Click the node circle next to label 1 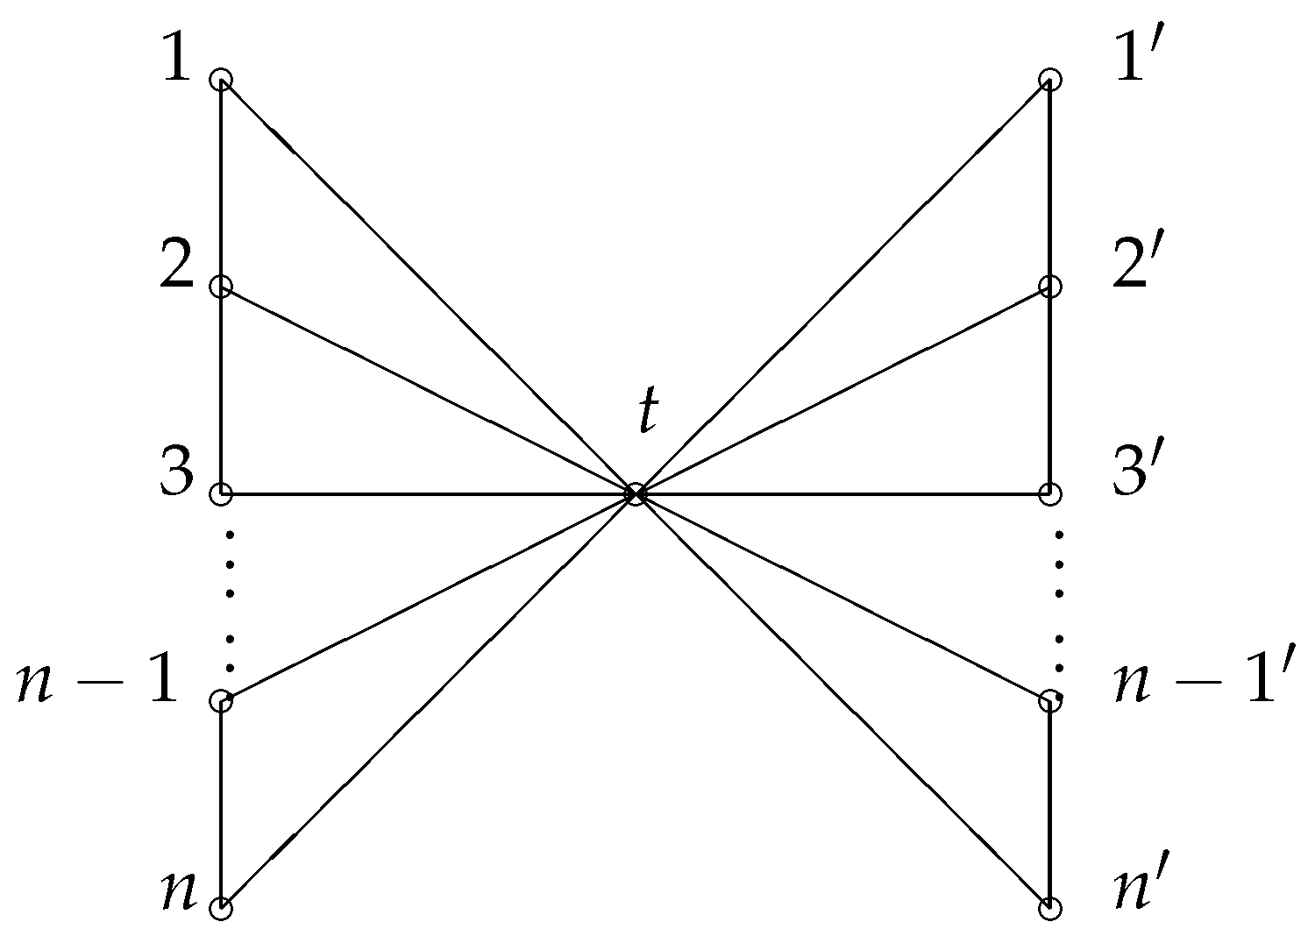pyautogui.click(x=221, y=80)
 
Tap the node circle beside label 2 pyautogui.click(x=221, y=287)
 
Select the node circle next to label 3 pyautogui.click(x=221, y=494)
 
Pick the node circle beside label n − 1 pyautogui.click(x=221, y=701)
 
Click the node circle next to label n pyautogui.click(x=221, y=909)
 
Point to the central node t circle pyautogui.click(x=636, y=494)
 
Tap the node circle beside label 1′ pyautogui.click(x=1050, y=80)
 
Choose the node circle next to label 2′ pyautogui.click(x=1050, y=287)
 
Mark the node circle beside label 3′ pyautogui.click(x=1050, y=494)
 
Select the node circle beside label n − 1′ pyautogui.click(x=1050, y=701)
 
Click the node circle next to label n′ pyautogui.click(x=1050, y=909)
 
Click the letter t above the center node pyautogui.click(x=646, y=412)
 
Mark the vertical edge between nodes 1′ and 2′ pyautogui.click(x=1050, y=183)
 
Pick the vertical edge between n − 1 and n pyautogui.click(x=221, y=805)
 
